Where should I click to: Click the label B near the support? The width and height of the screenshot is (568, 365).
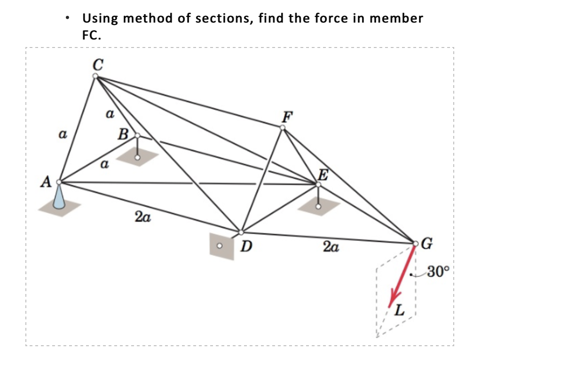click(x=123, y=135)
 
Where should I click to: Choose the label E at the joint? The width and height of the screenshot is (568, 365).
click(x=323, y=175)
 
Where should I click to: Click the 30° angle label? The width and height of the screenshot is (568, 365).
click(x=439, y=271)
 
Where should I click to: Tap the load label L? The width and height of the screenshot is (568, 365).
click(x=400, y=310)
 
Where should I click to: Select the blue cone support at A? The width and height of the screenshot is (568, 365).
click(x=58, y=197)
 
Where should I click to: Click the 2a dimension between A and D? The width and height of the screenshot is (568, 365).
click(x=142, y=217)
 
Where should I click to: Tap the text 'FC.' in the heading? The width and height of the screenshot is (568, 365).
click(x=91, y=35)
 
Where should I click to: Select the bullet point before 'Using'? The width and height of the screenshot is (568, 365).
click(x=69, y=19)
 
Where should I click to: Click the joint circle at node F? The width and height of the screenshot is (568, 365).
click(x=283, y=127)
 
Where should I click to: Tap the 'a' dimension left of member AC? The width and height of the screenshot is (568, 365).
click(x=61, y=135)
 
